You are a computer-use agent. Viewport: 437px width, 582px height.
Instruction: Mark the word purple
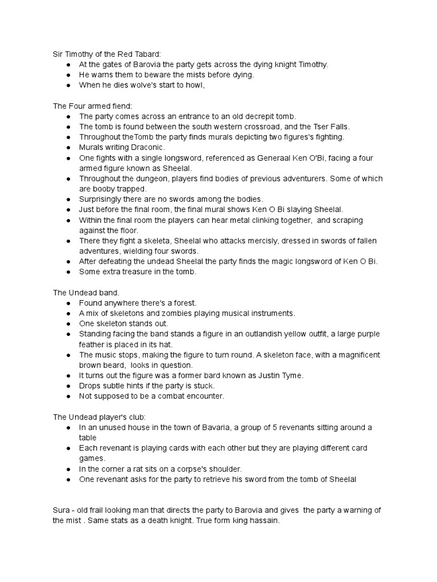pos(368,334)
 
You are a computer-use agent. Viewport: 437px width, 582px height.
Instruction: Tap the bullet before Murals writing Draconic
pos(68,148)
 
